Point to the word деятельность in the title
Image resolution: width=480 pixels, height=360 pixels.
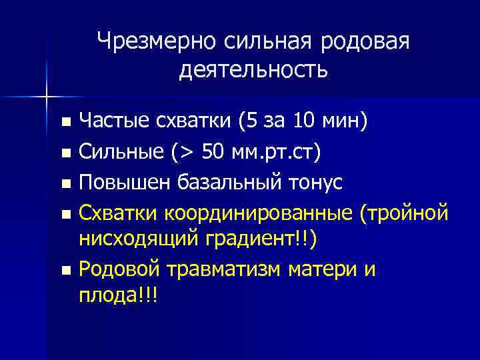point(253,69)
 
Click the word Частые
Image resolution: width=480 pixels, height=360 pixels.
point(110,121)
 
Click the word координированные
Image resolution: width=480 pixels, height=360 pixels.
point(260,213)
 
